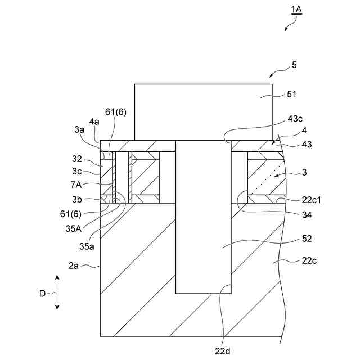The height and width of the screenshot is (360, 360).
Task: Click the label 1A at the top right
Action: tap(296, 10)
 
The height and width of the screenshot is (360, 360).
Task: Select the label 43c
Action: tap(295, 119)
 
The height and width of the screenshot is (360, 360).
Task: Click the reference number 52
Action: tap(307, 239)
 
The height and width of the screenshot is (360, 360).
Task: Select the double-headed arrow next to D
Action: tap(57, 292)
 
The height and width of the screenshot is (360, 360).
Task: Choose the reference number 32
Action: tap(78, 159)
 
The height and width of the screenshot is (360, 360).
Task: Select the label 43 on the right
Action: tap(307, 145)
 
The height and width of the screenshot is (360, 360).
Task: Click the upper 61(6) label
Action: tap(116, 112)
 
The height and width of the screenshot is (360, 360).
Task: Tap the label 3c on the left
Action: tap(78, 172)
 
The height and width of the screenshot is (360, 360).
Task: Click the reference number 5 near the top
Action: tap(294, 65)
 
